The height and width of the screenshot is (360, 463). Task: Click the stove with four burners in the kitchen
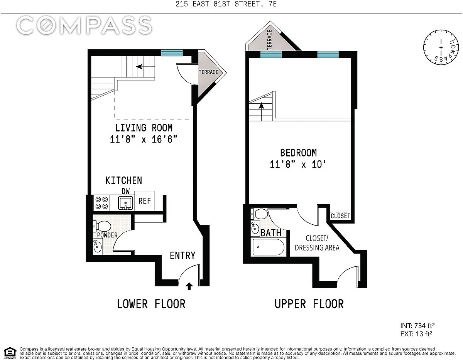[101, 203]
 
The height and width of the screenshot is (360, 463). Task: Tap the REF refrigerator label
[144, 201]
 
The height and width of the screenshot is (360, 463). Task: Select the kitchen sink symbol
[125, 203]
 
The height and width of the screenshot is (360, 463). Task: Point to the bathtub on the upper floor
[268, 247]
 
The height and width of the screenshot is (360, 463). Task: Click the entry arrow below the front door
[189, 286]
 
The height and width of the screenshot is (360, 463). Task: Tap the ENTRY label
[182, 256]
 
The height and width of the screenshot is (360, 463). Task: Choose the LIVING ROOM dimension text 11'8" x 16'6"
[144, 140]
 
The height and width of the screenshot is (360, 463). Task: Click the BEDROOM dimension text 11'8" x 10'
[298, 165]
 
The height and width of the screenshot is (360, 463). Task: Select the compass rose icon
[441, 47]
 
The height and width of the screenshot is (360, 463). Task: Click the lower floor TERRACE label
[208, 72]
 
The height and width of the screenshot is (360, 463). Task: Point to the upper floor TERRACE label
[270, 40]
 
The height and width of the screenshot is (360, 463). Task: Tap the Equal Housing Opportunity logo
[10, 353]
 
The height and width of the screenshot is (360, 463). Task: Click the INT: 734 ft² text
[417, 326]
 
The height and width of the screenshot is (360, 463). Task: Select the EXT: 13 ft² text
[416, 334]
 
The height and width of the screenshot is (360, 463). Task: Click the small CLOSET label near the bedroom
[340, 216]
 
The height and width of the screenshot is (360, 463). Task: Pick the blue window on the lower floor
[172, 52]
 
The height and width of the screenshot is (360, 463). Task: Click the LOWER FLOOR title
[151, 304]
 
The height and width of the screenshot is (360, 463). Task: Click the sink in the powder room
[97, 246]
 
